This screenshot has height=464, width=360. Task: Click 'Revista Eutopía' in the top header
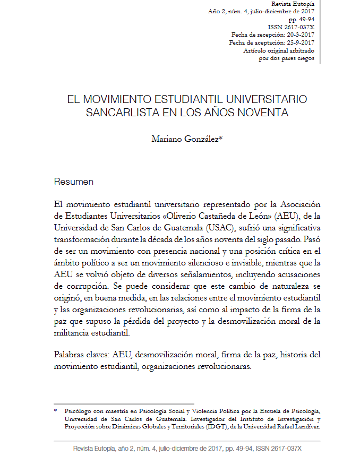click(293, 4)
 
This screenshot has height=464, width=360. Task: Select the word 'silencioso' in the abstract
click(219, 263)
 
